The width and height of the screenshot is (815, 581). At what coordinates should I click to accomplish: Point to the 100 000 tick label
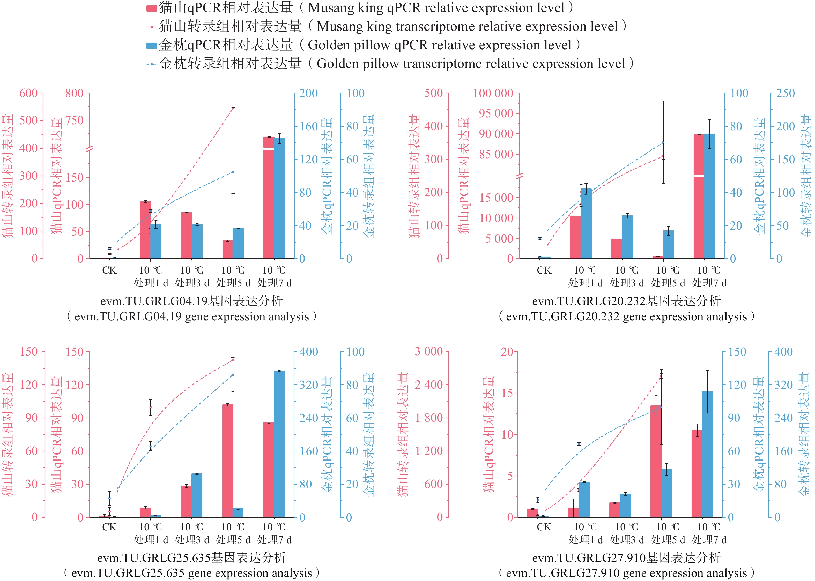(x=493, y=93)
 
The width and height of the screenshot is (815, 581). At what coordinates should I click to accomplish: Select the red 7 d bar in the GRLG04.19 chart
(x=269, y=200)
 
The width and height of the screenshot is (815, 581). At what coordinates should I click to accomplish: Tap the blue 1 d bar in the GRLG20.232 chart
(x=586, y=224)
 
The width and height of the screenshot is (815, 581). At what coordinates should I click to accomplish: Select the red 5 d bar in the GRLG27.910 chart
(x=656, y=462)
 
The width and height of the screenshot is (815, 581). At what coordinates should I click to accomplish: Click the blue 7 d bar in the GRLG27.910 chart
(x=707, y=454)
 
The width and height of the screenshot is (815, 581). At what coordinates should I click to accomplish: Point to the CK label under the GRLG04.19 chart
(x=109, y=270)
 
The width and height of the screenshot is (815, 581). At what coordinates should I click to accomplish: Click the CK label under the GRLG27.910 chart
(x=544, y=527)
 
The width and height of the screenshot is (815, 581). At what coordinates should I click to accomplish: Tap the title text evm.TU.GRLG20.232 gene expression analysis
(x=626, y=317)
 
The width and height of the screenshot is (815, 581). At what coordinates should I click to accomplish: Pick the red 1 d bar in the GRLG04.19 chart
(x=145, y=230)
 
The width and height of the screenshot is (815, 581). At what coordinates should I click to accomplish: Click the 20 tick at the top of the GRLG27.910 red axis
(x=507, y=352)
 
